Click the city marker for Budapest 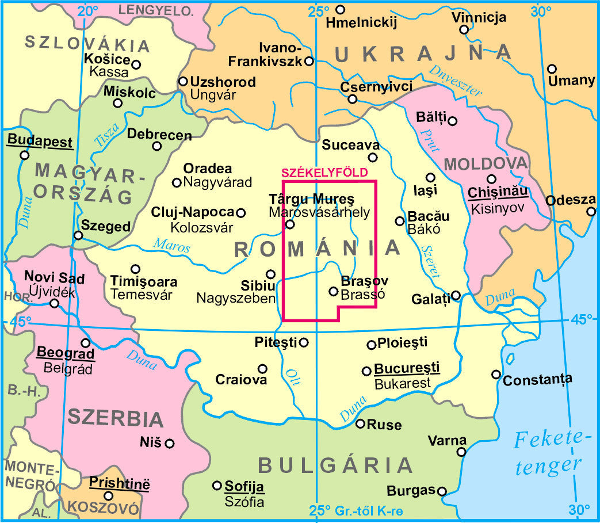24,155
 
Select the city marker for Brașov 333,291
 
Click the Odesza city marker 591,212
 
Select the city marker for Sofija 217,486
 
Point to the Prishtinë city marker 108,495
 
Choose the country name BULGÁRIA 335,465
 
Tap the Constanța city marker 496,375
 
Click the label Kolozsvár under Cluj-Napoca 201,227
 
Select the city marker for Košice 136,64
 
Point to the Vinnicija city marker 464,30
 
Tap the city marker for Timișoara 136,269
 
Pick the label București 407,367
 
